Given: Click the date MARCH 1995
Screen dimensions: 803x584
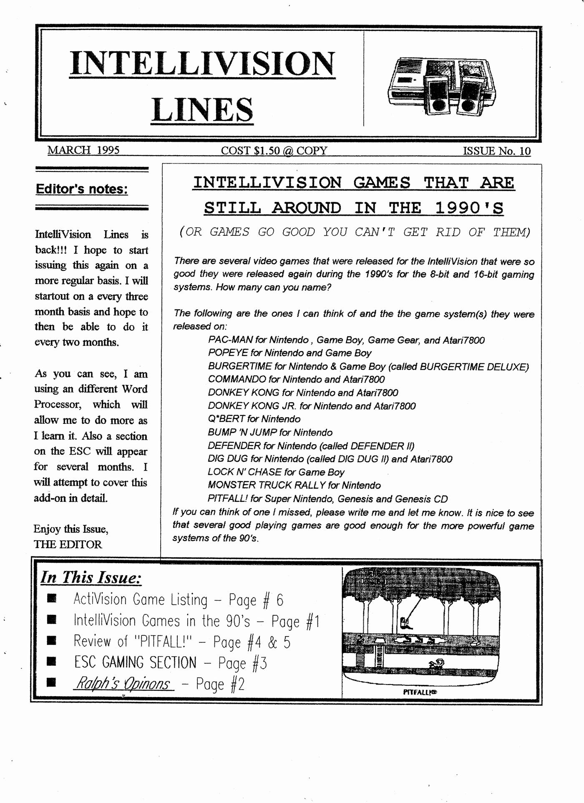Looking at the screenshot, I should click(83, 150).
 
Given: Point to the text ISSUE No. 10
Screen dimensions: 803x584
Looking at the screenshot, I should click(496, 151).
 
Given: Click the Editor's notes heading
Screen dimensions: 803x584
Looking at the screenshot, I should click(82, 189).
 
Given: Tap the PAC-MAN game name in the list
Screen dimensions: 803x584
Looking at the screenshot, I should click(230, 340).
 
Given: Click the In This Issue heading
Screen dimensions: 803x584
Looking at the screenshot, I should click(91, 578).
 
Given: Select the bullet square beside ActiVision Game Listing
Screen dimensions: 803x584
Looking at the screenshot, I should click(52, 599).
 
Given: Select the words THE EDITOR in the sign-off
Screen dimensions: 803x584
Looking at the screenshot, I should click(68, 544).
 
